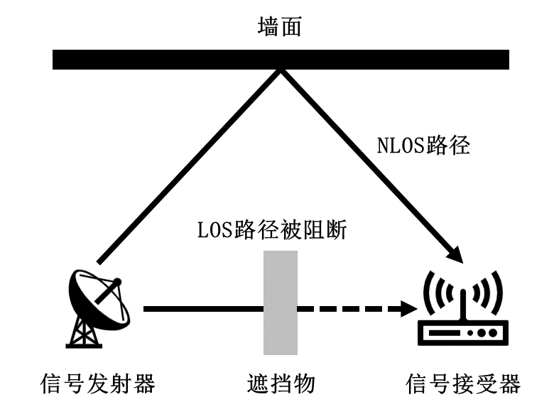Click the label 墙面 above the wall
tap(280, 28)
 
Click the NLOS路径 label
tap(423, 146)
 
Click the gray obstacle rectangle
tap(280, 302)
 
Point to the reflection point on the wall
tap(281, 70)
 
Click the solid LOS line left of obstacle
tap(202, 310)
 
